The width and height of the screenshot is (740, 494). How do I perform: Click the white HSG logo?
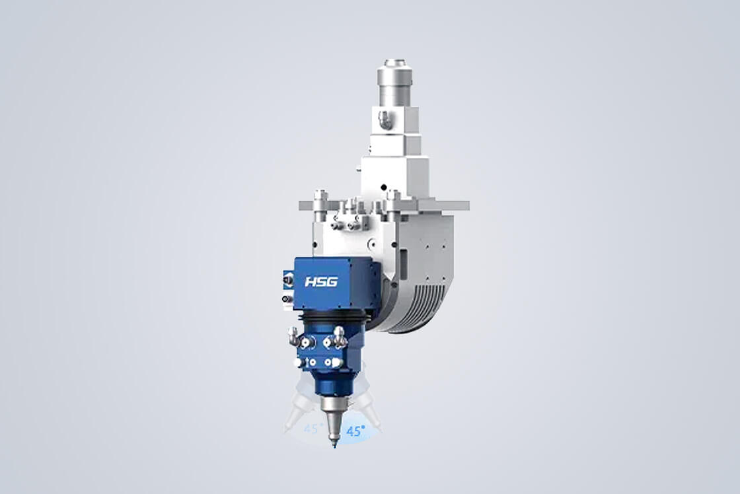(321, 282)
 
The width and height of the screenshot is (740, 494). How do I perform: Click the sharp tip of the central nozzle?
(334, 445)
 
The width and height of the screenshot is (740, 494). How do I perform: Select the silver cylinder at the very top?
(395, 83)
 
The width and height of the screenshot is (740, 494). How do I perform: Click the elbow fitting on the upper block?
(385, 119)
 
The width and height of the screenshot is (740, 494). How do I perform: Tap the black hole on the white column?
(383, 188)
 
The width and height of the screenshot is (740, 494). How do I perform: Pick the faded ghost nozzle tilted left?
(297, 406)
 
